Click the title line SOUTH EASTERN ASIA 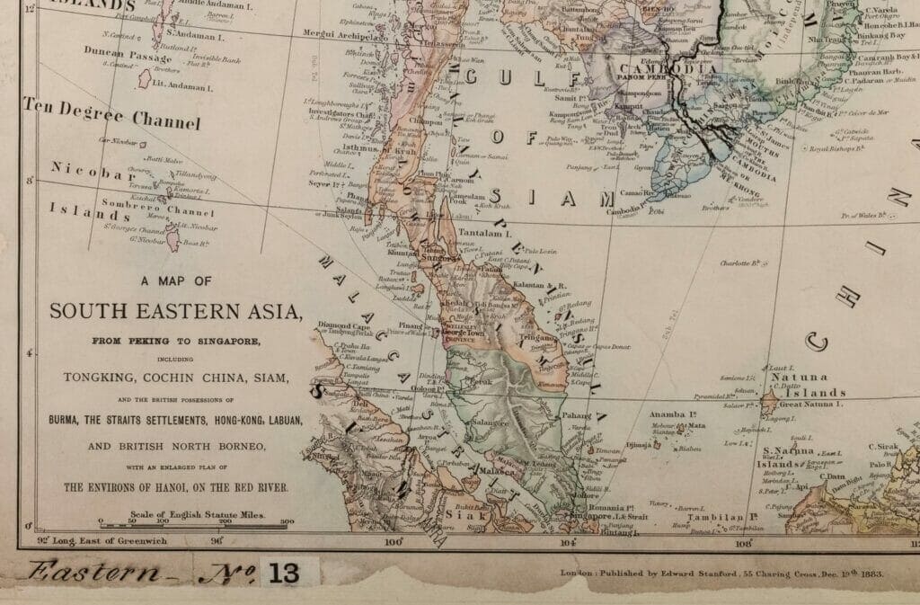[174, 312]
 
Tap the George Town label [466, 333]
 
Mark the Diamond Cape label [344, 325]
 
